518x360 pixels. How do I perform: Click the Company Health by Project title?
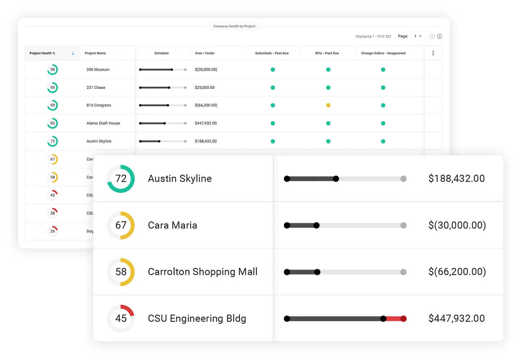(234, 26)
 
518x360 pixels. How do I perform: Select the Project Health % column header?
(42, 53)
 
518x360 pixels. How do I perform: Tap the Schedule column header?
(162, 53)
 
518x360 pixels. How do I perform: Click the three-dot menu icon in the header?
(433, 53)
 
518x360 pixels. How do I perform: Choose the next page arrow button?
(440, 36)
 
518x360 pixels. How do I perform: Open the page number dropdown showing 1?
(418, 36)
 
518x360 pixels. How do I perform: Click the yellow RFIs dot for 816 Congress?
(328, 105)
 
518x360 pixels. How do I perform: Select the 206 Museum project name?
(98, 69)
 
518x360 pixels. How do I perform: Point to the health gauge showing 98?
(53, 69)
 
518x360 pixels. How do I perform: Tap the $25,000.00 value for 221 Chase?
(205, 87)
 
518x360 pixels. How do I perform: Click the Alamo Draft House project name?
(103, 123)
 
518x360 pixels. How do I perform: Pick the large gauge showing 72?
(121, 179)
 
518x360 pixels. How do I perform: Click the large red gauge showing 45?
(121, 318)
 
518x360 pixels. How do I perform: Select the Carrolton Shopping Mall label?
(203, 272)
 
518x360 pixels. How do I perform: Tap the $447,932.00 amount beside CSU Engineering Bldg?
(456, 318)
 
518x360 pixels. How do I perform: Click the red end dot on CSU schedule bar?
(404, 319)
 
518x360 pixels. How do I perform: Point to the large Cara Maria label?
(172, 225)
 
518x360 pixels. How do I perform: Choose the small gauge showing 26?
(53, 231)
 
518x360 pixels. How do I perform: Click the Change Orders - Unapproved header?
(383, 53)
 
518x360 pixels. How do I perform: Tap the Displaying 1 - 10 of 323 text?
(373, 36)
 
